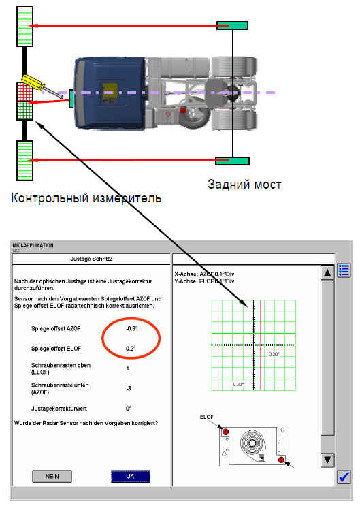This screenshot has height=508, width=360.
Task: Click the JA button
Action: pos(131,476)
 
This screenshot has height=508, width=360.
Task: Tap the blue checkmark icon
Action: pos(344,477)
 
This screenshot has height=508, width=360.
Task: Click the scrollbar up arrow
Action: pos(327,273)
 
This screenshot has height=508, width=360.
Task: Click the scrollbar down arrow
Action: pos(327,460)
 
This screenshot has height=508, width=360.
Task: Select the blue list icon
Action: pos(344,270)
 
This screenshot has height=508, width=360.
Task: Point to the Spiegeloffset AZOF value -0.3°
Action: pos(131,328)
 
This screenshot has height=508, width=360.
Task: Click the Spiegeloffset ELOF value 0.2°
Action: pos(131,349)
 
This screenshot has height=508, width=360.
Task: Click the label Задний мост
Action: pos(244,185)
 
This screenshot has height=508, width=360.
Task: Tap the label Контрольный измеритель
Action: pos(86,198)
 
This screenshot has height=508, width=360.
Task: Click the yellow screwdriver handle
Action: pos(33,82)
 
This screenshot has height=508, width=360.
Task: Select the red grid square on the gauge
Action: pos(25,92)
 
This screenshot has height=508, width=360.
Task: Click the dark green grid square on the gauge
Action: pos(25,111)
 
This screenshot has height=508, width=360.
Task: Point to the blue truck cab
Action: pos(110,93)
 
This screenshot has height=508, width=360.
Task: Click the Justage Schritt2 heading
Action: pos(91,259)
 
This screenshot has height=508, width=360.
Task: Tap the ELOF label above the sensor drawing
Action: pos(207,417)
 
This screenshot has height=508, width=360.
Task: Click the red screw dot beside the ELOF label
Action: pos(226,432)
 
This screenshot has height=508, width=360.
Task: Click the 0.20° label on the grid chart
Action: pos(274,354)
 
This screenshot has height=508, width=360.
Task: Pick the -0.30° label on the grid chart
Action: pos(238,384)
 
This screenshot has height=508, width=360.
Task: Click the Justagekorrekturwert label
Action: pos(59,409)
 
